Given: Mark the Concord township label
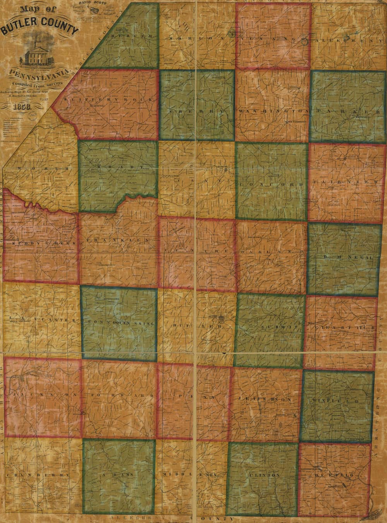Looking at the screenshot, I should (x=271, y=185).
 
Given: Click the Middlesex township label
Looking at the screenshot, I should (x=193, y=474).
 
